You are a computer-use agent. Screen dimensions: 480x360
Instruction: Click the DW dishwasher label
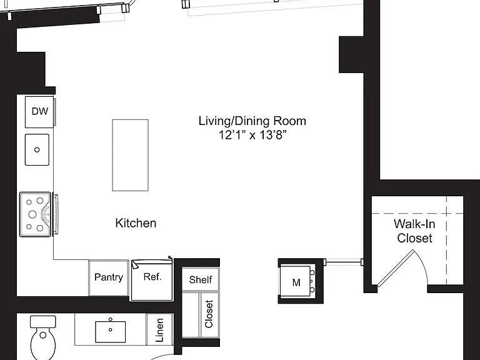coord(40,111)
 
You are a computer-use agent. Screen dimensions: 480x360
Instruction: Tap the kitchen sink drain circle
coord(37,150)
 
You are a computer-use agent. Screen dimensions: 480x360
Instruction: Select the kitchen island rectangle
coord(131,155)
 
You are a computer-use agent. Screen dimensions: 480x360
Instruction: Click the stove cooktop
coord(35,214)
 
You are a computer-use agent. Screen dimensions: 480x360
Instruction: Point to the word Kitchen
coord(136,223)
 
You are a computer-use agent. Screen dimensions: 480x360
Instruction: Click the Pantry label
coord(108,277)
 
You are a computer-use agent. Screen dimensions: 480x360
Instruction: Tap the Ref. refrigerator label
coord(152,277)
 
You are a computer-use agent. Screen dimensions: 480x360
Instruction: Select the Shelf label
coord(201,279)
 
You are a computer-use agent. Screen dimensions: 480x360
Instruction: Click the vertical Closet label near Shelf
coord(209,314)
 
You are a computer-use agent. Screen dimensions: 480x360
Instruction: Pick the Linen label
coord(159,330)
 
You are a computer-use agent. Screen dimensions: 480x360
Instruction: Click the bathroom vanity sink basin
coord(111,331)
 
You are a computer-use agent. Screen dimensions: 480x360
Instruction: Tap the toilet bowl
coord(43,344)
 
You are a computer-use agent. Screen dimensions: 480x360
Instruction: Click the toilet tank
coord(43,322)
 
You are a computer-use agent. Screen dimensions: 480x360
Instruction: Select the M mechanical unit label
coord(296,282)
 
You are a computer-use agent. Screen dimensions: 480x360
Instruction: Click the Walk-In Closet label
coord(414,231)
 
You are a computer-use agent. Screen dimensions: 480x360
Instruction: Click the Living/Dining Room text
coord(252,121)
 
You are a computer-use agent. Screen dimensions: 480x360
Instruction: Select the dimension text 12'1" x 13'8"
coord(252,135)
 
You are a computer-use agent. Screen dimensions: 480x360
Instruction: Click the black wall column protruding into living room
coord(351,54)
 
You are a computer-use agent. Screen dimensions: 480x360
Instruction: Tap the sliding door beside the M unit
coord(344,262)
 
